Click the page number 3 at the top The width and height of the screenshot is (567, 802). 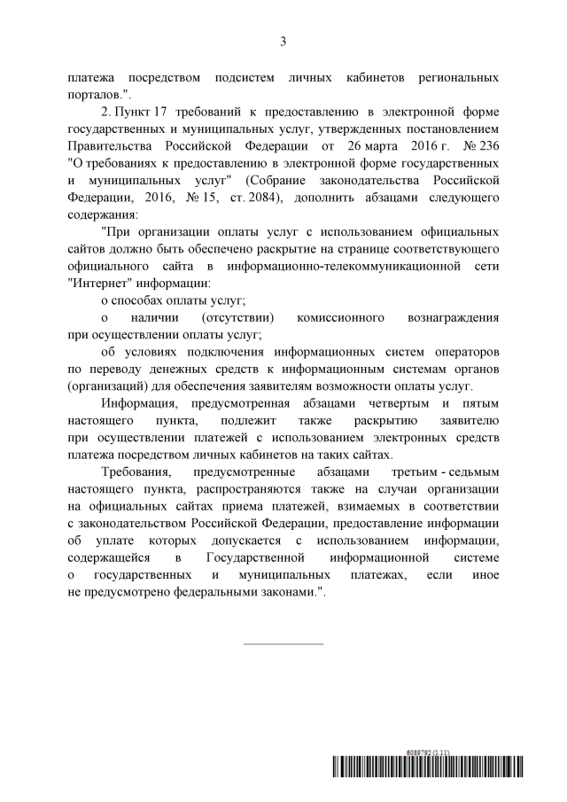tap(283, 40)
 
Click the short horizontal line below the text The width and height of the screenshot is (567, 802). tap(283, 643)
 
